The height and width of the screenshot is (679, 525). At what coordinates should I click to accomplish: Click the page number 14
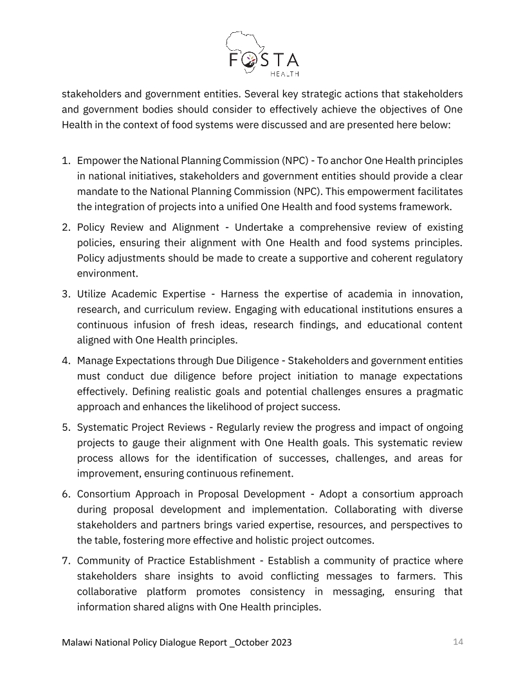458,642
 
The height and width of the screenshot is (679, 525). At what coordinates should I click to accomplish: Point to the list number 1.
66,160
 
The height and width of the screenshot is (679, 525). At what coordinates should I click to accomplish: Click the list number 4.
66,361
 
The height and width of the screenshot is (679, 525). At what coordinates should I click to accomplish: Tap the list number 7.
66,561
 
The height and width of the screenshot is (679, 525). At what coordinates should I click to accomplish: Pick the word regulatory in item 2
438,258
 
